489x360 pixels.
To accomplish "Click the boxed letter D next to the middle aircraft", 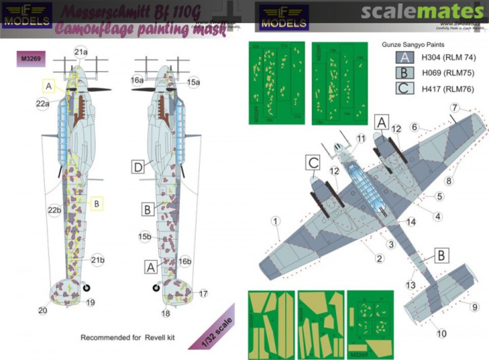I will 138,168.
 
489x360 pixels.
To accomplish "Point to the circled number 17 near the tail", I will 203,294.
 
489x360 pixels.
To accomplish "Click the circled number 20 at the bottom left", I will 43,311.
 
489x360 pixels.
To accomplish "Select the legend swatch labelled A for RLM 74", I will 405,58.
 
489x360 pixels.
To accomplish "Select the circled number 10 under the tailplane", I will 442,334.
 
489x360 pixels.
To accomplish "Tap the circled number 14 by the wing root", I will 411,222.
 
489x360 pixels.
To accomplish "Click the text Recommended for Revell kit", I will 127,337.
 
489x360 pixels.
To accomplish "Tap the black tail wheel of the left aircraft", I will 88,286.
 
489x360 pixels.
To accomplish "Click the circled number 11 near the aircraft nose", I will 360,138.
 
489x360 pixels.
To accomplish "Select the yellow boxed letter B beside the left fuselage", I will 96,204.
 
